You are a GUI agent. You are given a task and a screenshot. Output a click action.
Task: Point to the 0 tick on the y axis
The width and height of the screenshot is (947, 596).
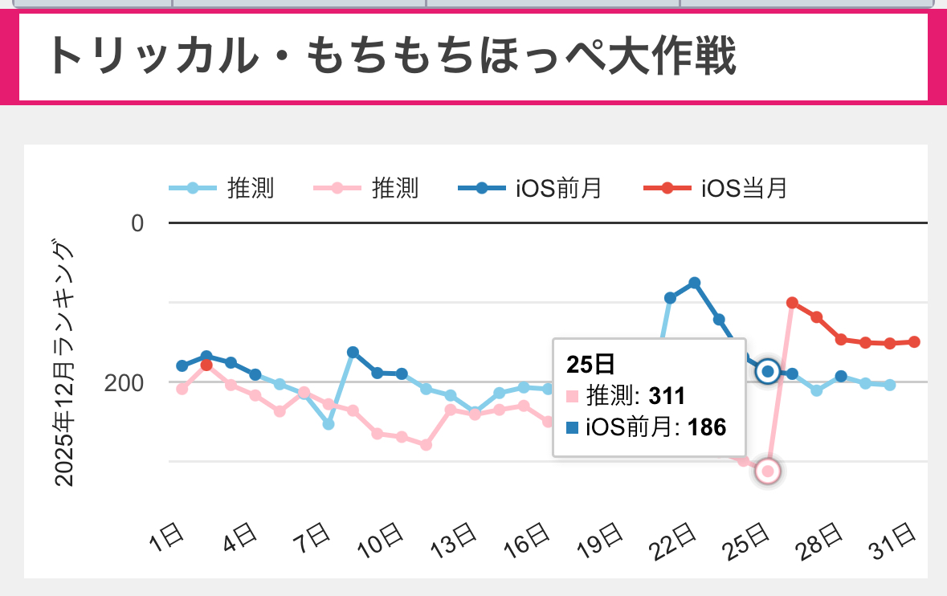pyautogui.click(x=137, y=222)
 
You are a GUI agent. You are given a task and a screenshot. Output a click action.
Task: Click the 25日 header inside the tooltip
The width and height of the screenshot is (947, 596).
pyautogui.click(x=590, y=364)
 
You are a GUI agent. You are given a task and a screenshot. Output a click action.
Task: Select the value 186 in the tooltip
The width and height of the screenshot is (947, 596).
pyautogui.click(x=707, y=427)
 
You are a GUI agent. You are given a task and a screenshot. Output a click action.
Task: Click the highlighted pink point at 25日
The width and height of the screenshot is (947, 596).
pyautogui.click(x=768, y=471)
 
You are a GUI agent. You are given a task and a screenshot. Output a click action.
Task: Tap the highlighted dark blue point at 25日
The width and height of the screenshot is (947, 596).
pyautogui.click(x=768, y=371)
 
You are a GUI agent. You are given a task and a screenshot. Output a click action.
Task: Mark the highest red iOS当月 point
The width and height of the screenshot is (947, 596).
pyautogui.click(x=792, y=303)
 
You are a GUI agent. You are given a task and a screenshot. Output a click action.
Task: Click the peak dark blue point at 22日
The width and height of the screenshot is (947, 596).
pyautogui.click(x=695, y=283)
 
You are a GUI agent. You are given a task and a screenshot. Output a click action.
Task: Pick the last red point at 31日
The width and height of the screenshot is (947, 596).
pyautogui.click(x=914, y=342)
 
